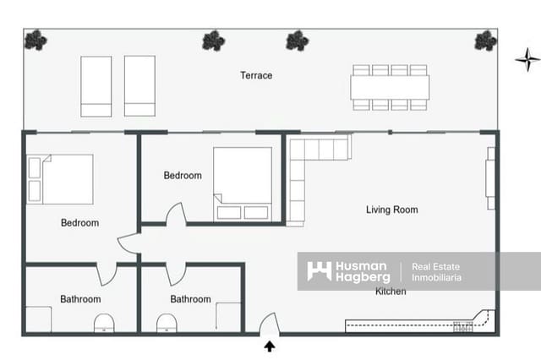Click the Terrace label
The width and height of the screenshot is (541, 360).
(x=256, y=75)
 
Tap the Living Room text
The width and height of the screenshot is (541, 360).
(x=391, y=210)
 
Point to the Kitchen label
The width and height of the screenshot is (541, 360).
(x=391, y=292)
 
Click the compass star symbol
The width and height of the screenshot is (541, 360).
(x=527, y=58)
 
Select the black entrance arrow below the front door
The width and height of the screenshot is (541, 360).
(x=270, y=345)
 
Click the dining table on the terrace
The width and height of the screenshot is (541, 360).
(x=390, y=87)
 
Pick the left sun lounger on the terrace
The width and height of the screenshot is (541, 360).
(x=96, y=85)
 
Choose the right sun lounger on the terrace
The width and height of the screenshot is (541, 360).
(x=139, y=85)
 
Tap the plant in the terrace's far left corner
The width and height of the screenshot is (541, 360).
(x=36, y=39)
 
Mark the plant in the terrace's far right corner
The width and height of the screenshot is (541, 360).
(x=485, y=40)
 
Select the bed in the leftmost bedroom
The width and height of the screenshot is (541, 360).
(x=61, y=178)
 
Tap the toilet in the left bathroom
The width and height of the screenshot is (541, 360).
(x=104, y=323)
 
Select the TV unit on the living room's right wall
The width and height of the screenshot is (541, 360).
(x=490, y=178)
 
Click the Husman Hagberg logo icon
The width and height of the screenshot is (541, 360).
(x=319, y=271)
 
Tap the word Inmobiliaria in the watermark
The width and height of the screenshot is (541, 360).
(x=436, y=277)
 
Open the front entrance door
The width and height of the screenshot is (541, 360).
(x=269, y=325)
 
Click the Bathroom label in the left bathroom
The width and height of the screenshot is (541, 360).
(x=80, y=299)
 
